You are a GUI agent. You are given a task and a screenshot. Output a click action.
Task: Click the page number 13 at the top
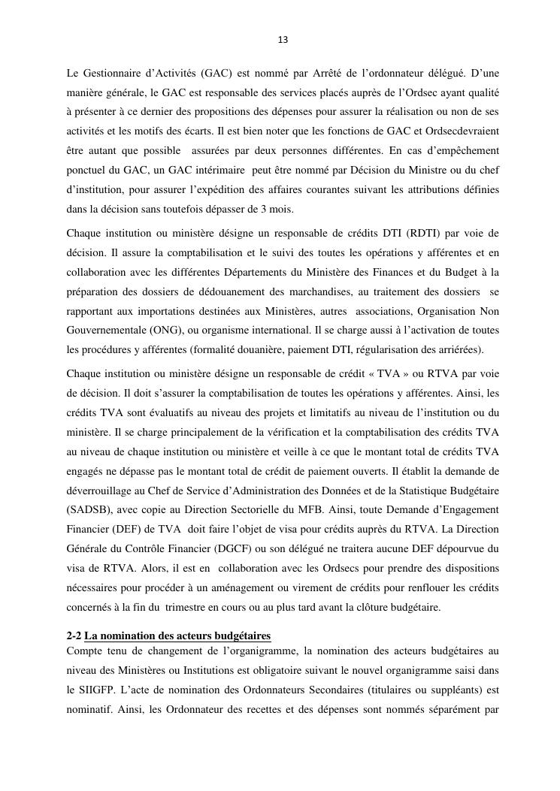click(283, 40)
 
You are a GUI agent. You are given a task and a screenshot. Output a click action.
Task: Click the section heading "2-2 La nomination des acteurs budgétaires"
click(168, 636)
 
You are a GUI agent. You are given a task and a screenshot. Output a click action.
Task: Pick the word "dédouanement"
click(230, 291)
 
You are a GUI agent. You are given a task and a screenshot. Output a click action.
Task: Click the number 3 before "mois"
click(261, 210)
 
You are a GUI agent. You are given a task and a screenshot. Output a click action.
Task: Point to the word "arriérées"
click(460, 350)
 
